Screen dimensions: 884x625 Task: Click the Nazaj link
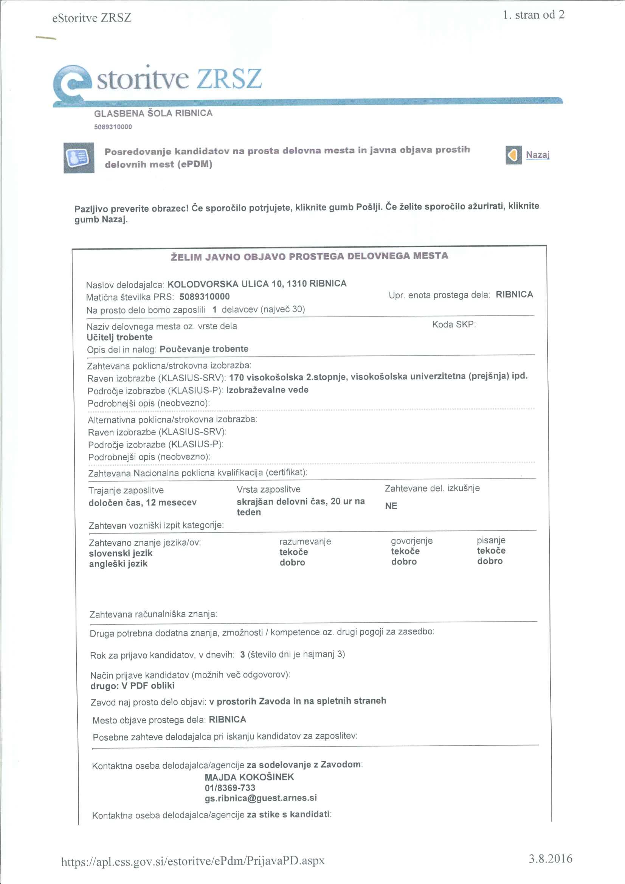(537, 155)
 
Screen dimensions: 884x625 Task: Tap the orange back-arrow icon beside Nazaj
(513, 155)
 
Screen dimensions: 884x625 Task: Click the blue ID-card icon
(79, 158)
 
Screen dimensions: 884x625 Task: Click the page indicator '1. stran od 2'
(533, 15)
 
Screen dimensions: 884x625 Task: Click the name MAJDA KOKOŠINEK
(249, 777)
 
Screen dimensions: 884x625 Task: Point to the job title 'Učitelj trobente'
(119, 337)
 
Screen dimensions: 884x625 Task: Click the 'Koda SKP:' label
(454, 324)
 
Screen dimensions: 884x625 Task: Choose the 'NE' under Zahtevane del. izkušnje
(391, 506)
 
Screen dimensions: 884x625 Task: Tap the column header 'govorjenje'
(412, 541)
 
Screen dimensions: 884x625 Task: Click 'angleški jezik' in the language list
(118, 564)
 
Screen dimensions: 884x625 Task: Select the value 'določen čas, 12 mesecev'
(143, 502)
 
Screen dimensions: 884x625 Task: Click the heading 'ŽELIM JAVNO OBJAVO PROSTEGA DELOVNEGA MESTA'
(309, 256)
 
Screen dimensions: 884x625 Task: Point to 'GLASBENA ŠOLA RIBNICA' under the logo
(153, 113)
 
